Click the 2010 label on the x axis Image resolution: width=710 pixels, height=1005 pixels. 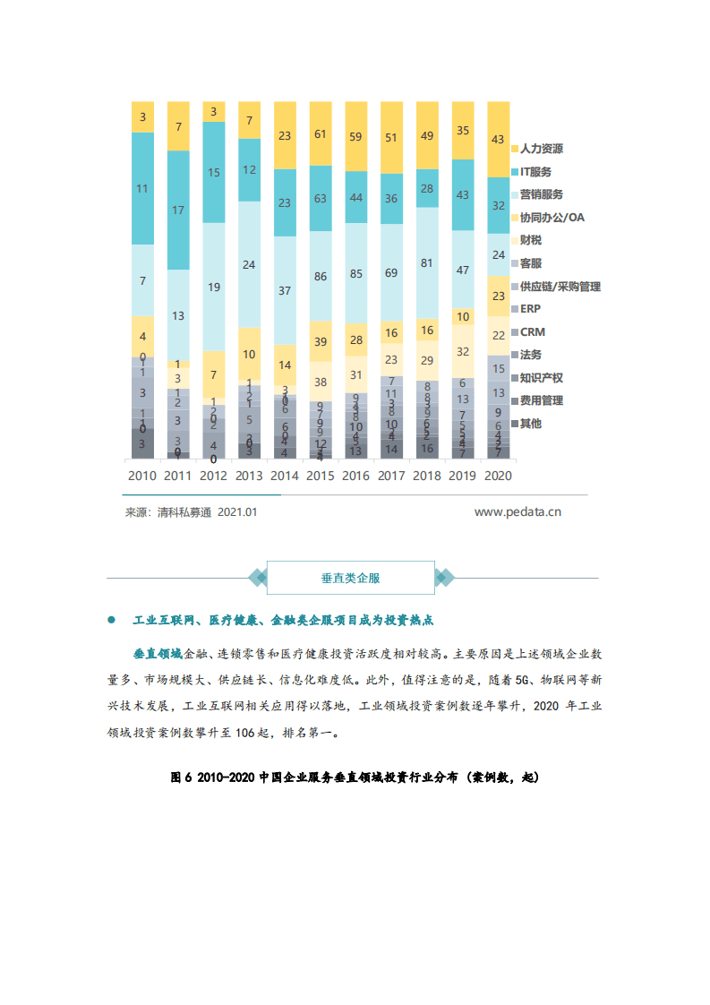pos(142,476)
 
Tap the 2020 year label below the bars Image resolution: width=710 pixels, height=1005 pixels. pos(497,476)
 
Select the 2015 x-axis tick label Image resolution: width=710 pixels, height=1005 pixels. pos(320,476)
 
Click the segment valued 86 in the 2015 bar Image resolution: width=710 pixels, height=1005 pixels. pos(320,277)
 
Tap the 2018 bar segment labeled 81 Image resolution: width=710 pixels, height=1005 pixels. pos(426,263)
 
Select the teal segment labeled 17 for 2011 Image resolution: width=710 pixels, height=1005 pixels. pos(178,210)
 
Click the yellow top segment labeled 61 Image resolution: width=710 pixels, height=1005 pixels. pos(320,134)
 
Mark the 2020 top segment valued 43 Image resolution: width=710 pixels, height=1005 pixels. pos(498,140)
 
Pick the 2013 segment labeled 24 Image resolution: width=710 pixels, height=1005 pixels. pos(249,264)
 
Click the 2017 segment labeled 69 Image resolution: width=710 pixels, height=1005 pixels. pos(391,271)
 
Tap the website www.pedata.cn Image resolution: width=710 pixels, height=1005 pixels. pos(518,512)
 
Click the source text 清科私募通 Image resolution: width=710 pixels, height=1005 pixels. pos(181,512)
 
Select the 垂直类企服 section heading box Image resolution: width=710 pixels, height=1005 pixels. pos(350,578)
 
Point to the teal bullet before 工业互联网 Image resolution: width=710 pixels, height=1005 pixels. pos(112,620)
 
